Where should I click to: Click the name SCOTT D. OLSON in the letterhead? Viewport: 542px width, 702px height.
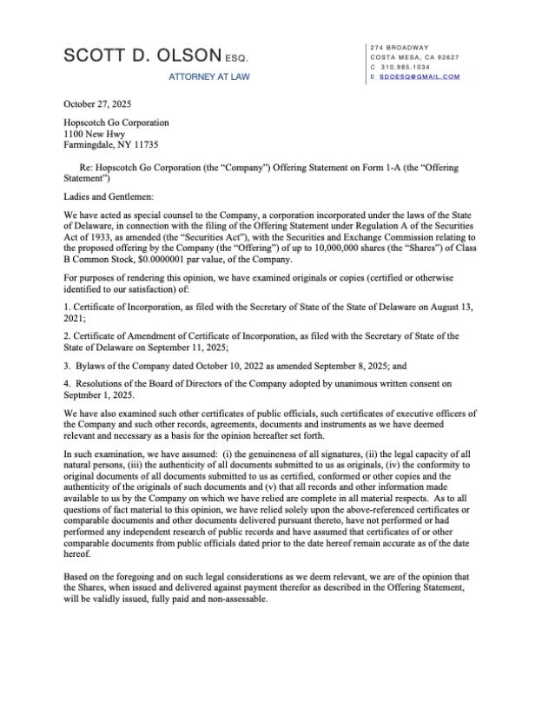142,56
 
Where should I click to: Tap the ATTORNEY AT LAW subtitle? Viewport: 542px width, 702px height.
208,77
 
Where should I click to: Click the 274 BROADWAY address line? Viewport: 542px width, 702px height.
400,47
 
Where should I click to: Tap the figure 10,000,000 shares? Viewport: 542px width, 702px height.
357,248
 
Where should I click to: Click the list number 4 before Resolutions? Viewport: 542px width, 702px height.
67,381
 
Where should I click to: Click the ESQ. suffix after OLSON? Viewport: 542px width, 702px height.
236,59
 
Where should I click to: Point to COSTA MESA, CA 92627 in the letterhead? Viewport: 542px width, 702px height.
414,56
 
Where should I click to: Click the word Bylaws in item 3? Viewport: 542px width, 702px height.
94,365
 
